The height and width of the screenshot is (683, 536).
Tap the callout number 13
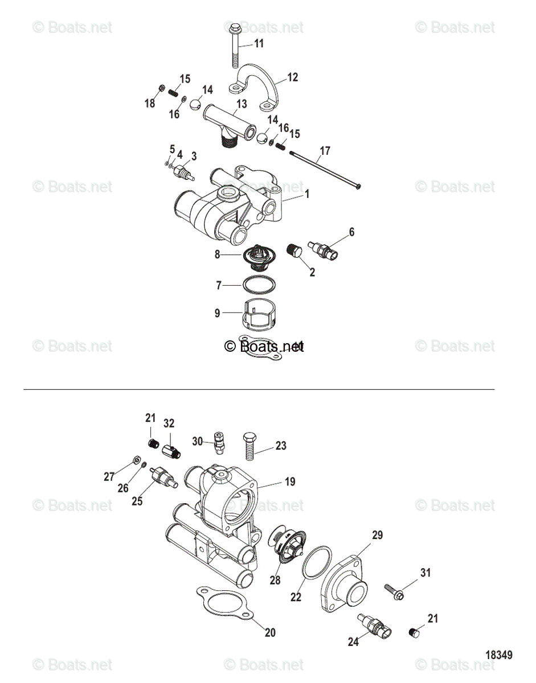pos(242,104)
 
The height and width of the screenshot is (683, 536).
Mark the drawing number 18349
pos(499,655)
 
